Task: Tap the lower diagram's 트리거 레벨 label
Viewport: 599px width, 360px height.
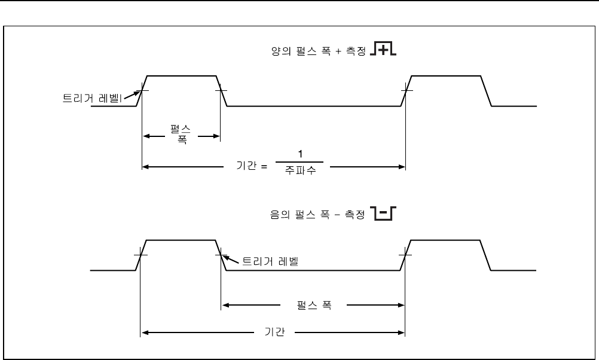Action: tap(269, 261)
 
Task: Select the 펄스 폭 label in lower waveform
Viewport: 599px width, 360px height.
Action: tap(314, 305)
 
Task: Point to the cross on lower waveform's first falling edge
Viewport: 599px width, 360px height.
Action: tap(221, 255)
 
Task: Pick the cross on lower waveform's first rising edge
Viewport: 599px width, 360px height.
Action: tap(140, 255)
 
